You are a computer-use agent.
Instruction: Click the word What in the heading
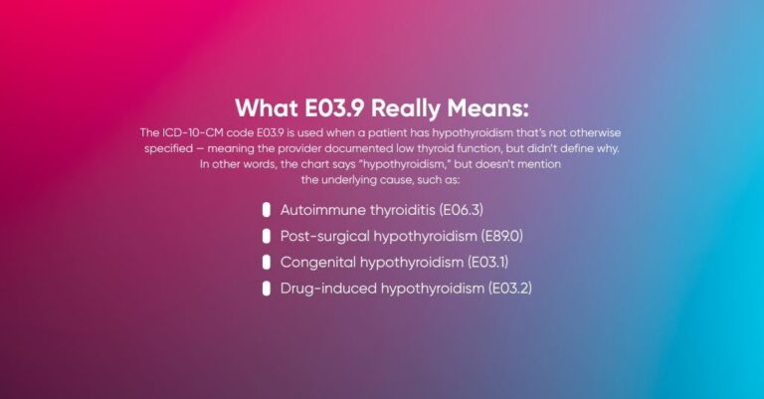pos(263,107)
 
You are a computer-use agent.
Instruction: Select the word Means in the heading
pos(494,107)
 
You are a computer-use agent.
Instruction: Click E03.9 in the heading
pos(333,107)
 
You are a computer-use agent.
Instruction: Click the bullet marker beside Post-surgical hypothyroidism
pos(267,236)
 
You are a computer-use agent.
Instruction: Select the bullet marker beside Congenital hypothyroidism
pos(267,263)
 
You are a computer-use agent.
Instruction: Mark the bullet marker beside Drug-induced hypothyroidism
pos(267,289)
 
